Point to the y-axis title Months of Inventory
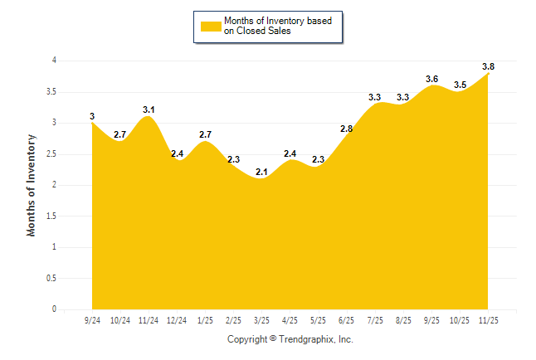click(x=32, y=185)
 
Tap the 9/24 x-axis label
click(x=92, y=319)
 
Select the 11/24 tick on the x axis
click(x=149, y=319)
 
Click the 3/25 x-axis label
click(x=262, y=319)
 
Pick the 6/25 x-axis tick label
click(x=347, y=319)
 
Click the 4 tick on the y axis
click(x=54, y=61)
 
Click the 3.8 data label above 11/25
click(x=488, y=66)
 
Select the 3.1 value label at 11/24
click(x=149, y=109)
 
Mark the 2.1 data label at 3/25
click(x=262, y=172)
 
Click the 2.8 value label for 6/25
click(x=347, y=129)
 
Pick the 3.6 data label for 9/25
click(x=431, y=79)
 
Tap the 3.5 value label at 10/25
click(x=460, y=85)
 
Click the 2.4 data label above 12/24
click(x=177, y=153)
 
